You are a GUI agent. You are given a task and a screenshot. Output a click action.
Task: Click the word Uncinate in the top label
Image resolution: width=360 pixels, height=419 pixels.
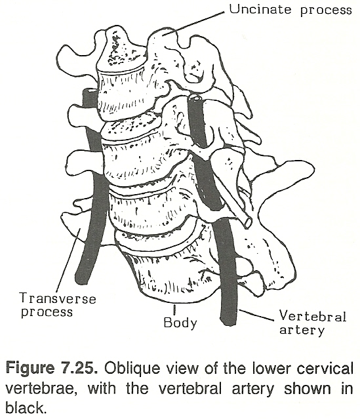pyautogui.click(x=260, y=9)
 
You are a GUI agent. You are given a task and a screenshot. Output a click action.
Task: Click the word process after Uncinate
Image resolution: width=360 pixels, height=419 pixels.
pyautogui.click(x=326, y=10)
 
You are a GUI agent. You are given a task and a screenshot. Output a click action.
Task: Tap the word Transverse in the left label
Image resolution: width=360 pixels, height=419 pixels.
pyautogui.click(x=58, y=298)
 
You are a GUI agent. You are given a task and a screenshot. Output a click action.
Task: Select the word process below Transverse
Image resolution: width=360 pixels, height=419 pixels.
pyautogui.click(x=47, y=312)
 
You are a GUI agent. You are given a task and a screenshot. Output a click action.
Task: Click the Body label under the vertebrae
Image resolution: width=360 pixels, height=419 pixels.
pyautogui.click(x=180, y=323)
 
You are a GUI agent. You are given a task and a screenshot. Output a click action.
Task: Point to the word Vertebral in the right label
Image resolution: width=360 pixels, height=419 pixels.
pyautogui.click(x=313, y=316)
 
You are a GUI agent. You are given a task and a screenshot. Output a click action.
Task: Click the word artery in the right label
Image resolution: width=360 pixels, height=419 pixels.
pyautogui.click(x=302, y=330)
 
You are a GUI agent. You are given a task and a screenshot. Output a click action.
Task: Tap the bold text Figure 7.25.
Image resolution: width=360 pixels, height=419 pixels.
pyautogui.click(x=50, y=368)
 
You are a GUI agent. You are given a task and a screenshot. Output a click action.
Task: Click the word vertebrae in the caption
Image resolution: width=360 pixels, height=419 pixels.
pyautogui.click(x=39, y=388)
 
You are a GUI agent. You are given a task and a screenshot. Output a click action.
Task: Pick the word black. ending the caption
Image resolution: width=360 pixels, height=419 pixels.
pyautogui.click(x=24, y=407)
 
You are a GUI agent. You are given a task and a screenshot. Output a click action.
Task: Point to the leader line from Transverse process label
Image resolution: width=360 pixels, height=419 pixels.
pyautogui.click(x=68, y=259)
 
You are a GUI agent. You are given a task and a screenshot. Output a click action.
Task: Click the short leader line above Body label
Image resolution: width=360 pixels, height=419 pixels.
pyautogui.click(x=174, y=309)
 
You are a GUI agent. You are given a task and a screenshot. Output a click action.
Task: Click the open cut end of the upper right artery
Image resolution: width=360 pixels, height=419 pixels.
pyautogui.click(x=195, y=98)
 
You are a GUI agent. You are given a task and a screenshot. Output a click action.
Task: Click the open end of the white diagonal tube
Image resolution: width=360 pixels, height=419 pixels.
pyautogui.click(x=247, y=222)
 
